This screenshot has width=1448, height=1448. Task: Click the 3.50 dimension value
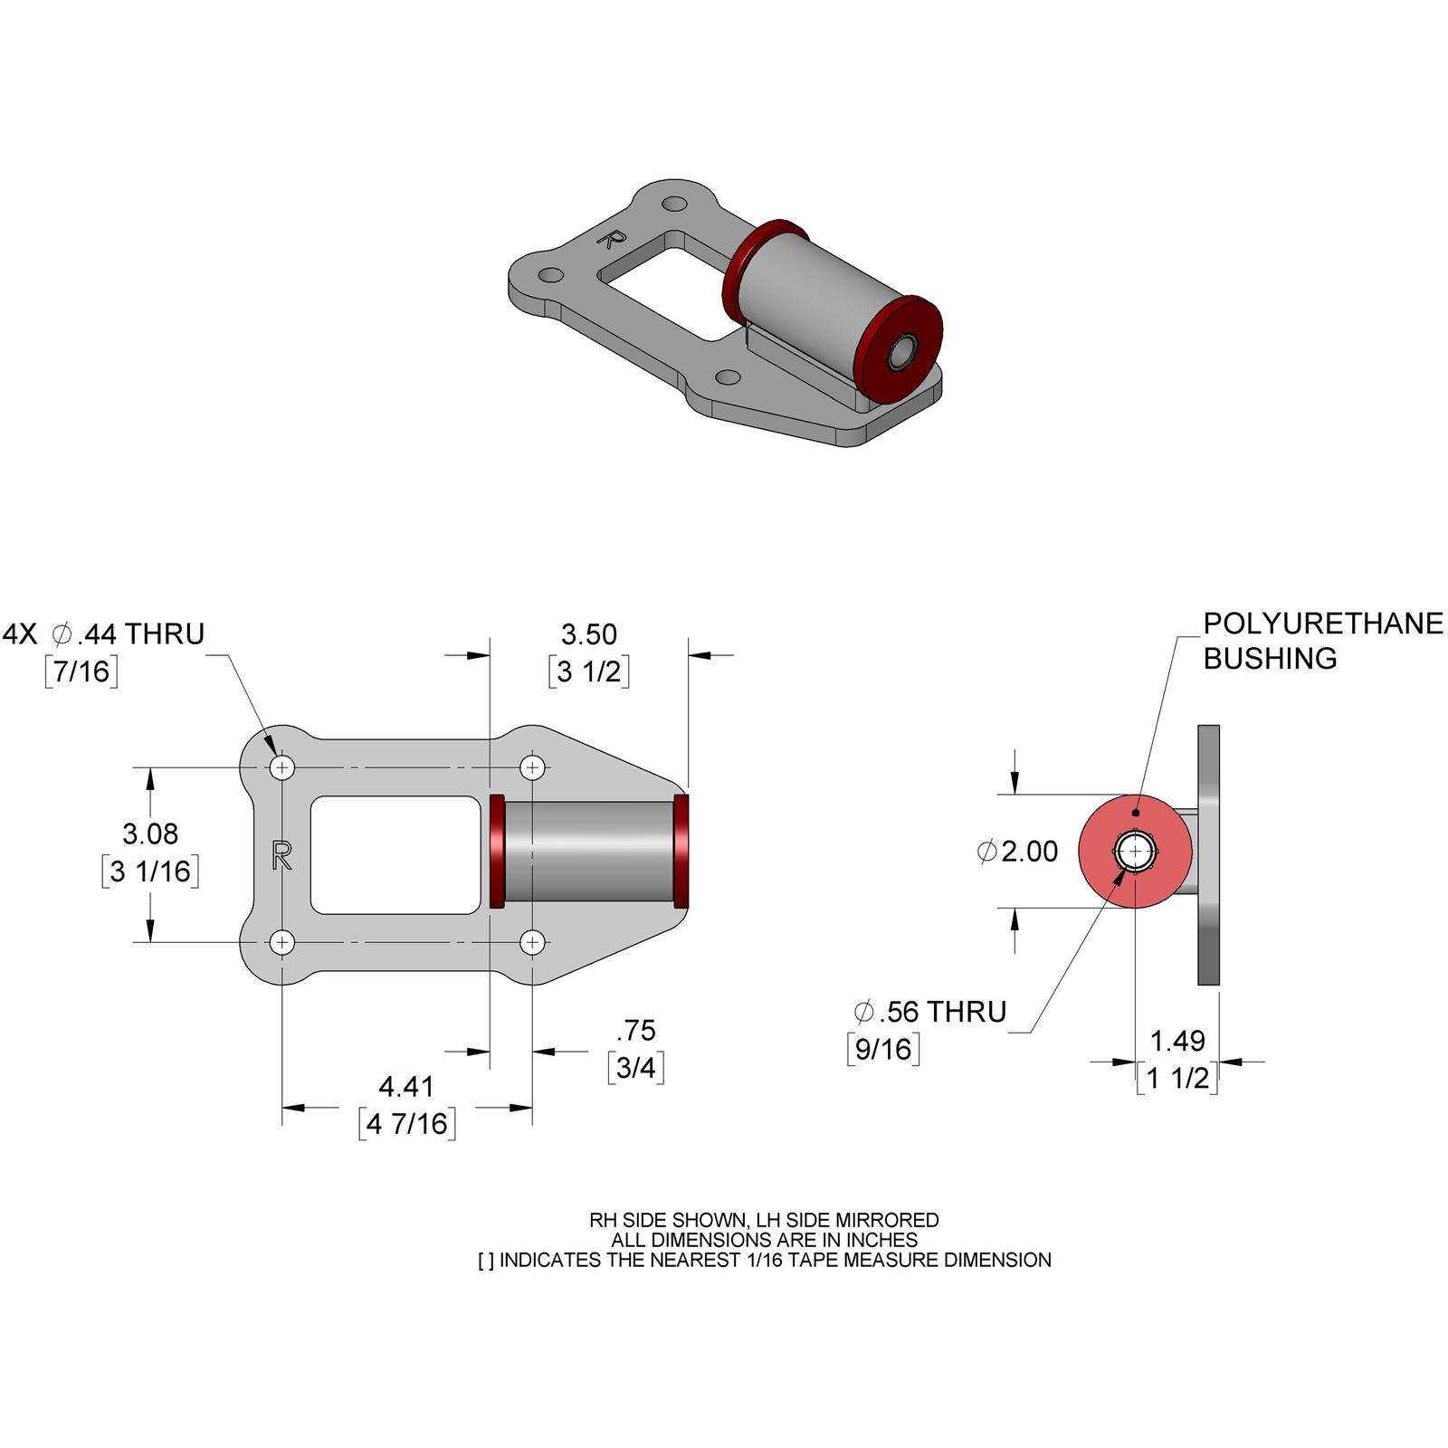click(x=588, y=633)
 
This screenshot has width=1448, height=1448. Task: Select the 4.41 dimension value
click(x=406, y=1085)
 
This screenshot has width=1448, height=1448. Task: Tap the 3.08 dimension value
click(x=150, y=834)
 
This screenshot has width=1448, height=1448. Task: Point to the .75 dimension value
click(x=635, y=1030)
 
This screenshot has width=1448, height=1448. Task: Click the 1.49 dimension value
click(x=1176, y=1041)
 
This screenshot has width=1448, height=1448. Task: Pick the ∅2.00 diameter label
click(x=1018, y=852)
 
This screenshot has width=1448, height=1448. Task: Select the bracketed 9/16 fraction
click(x=883, y=1049)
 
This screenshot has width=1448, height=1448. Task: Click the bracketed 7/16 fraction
click(x=81, y=671)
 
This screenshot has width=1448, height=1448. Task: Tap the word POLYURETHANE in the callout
click(x=1322, y=624)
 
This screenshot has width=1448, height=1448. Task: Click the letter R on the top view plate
click(x=281, y=854)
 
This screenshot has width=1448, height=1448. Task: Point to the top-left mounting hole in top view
click(x=282, y=768)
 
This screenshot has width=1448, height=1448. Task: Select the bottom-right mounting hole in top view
click(x=532, y=942)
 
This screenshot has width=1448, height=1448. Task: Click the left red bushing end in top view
click(x=496, y=851)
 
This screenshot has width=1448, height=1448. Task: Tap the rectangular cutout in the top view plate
click(x=395, y=854)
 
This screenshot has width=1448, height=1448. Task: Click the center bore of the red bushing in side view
click(x=1135, y=852)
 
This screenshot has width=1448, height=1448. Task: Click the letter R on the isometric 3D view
click(x=613, y=239)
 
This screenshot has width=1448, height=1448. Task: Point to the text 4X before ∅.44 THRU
click(x=20, y=633)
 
